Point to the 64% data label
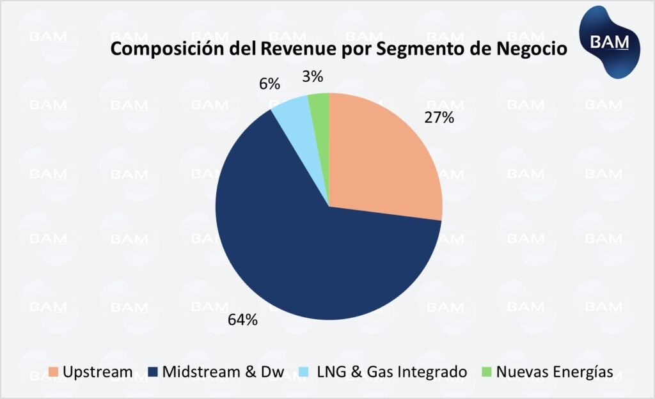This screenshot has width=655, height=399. pyautogui.click(x=243, y=320)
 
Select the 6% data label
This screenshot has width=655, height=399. pyautogui.click(x=270, y=84)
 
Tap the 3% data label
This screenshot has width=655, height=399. pyautogui.click(x=312, y=77)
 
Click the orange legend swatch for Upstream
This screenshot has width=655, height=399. pyautogui.click(x=54, y=372)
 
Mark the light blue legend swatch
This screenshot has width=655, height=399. pyautogui.click(x=309, y=372)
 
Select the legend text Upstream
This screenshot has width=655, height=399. pyautogui.click(x=97, y=372)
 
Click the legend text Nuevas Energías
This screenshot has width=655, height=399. pyautogui.click(x=555, y=372)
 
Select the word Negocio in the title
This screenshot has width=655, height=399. pyautogui.click(x=532, y=49)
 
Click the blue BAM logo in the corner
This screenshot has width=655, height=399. pyautogui.click(x=608, y=42)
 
